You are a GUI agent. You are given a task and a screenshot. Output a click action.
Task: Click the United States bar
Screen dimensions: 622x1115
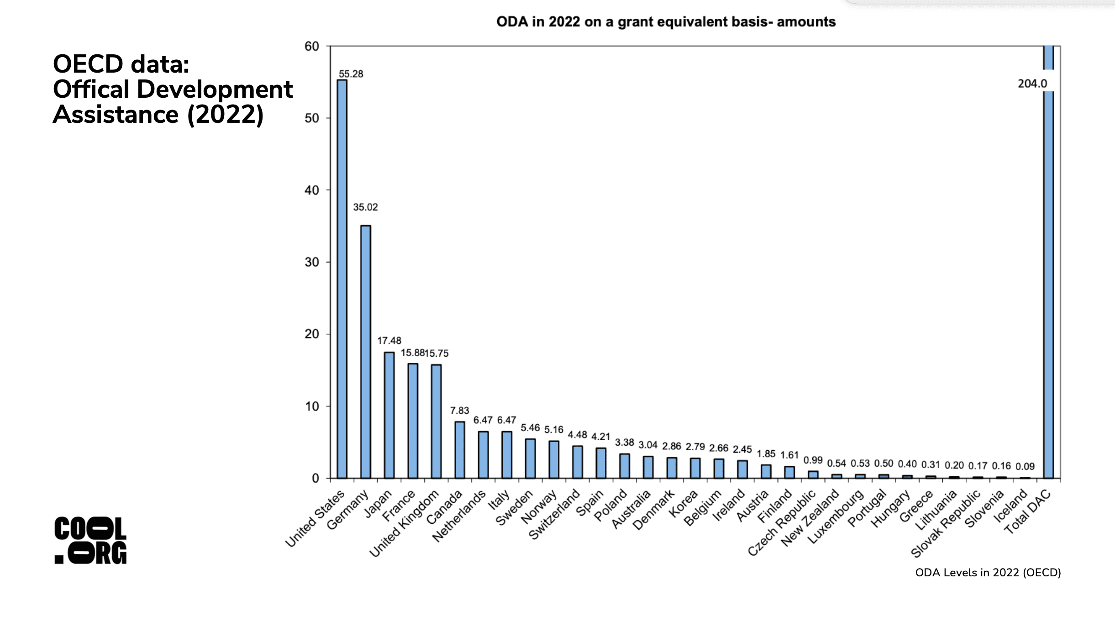pyautogui.click(x=342, y=279)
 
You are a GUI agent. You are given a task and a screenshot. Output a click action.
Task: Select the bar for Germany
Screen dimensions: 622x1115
pyautogui.click(x=366, y=352)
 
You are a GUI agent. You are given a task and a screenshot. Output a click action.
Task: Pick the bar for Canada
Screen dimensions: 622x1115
pyautogui.click(x=460, y=449)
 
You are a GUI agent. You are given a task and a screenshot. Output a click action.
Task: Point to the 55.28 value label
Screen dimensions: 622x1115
pyautogui.click(x=351, y=74)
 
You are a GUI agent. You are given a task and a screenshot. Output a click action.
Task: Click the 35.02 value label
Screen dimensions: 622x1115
pyautogui.click(x=365, y=207)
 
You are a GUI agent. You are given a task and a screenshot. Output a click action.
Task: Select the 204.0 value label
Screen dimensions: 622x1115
pyautogui.click(x=1032, y=84)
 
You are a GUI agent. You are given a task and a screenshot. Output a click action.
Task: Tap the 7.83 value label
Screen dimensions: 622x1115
pyautogui.click(x=459, y=411)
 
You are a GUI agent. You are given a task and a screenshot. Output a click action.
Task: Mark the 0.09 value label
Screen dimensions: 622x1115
pyautogui.click(x=1025, y=466)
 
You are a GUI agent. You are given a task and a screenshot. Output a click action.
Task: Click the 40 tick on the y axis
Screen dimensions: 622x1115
pyautogui.click(x=312, y=190)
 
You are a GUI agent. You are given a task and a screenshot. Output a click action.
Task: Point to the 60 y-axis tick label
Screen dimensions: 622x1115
pyautogui.click(x=312, y=46)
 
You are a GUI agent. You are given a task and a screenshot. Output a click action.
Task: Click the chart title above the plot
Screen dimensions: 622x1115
pyautogui.click(x=666, y=21)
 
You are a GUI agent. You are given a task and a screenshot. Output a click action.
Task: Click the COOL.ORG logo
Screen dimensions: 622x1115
pyautogui.click(x=90, y=540)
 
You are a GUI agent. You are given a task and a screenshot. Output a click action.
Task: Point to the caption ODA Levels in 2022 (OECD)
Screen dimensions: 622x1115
pyautogui.click(x=988, y=573)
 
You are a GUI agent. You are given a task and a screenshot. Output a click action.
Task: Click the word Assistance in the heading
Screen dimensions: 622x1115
pyautogui.click(x=116, y=114)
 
